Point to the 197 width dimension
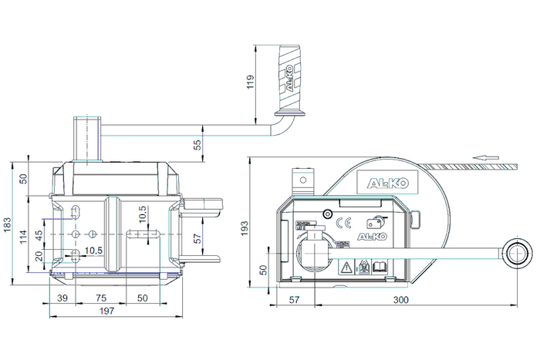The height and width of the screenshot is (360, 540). tap(108, 311)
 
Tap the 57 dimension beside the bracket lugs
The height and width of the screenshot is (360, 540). tap(197, 240)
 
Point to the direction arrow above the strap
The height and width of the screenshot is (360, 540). tap(485, 158)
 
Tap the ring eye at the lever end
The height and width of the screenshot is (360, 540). tap(515, 253)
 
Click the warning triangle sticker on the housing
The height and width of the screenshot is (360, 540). tap(347, 267)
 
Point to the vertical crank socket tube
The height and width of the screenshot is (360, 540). tap(86, 139)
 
